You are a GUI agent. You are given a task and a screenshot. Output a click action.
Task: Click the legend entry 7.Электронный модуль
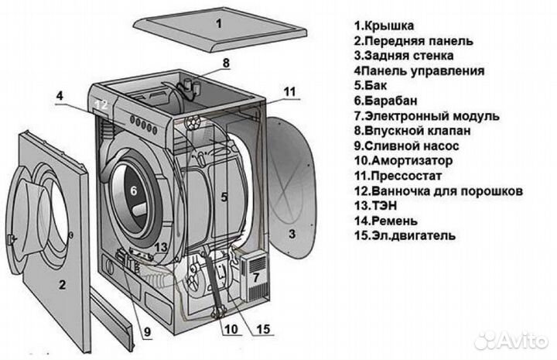(426, 115)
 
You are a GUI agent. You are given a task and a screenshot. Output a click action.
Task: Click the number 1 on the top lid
(218, 24)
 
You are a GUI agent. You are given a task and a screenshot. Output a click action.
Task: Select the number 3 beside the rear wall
(292, 232)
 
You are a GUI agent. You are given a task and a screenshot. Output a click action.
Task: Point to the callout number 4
(59, 98)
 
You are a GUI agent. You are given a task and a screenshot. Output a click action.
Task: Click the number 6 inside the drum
(133, 190)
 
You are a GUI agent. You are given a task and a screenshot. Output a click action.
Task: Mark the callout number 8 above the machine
(226, 63)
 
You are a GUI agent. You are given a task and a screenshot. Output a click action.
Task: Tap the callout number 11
(289, 91)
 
